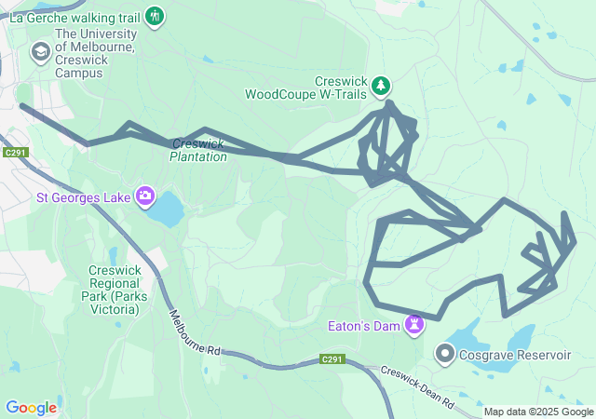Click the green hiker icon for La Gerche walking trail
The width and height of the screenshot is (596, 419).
pyautogui.click(x=155, y=16)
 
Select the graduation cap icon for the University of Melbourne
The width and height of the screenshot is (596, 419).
pyautogui.click(x=40, y=53)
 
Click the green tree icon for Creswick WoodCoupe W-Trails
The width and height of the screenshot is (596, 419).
pyautogui.click(x=381, y=87)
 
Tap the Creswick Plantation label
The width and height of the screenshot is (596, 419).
pyautogui.click(x=198, y=150)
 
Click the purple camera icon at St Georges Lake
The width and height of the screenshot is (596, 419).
pyautogui.click(x=145, y=196)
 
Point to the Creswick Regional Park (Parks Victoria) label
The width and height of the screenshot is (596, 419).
pyautogui.click(x=114, y=290)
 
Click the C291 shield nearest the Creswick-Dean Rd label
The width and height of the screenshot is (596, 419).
pyautogui.click(x=332, y=359)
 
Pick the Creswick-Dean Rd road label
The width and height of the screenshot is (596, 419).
pyautogui.click(x=416, y=386)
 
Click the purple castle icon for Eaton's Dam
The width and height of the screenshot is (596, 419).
pyautogui.click(x=413, y=325)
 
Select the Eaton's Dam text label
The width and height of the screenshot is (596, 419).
pyautogui.click(x=362, y=326)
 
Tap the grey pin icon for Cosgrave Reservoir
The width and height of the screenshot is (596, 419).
pyautogui.click(x=445, y=355)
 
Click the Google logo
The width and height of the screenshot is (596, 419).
pyautogui.click(x=31, y=408)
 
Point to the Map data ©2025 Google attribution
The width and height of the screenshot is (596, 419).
pyautogui.click(x=537, y=412)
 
